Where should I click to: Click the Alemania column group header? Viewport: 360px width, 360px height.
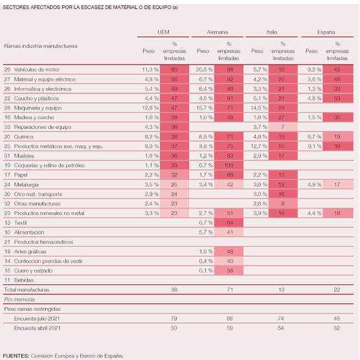click(x=218, y=32)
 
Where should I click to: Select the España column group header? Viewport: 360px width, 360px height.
click(x=326, y=32)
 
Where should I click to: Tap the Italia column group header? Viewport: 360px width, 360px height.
click(x=271, y=32)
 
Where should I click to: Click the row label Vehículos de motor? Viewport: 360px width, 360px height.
click(x=37, y=69)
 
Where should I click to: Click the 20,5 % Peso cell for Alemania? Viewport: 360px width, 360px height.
click(x=205, y=69)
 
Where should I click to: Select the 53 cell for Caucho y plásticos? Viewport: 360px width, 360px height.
click(x=338, y=98)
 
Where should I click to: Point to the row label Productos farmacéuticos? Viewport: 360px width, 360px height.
click(x=43, y=242)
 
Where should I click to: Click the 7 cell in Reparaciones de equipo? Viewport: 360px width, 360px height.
click(x=283, y=127)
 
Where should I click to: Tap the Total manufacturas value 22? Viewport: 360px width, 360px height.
click(x=337, y=289)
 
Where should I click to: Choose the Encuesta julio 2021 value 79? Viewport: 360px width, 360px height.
click(x=174, y=319)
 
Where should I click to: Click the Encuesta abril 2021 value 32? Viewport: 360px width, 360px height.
click(x=337, y=328)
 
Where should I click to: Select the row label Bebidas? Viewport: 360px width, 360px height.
click(x=24, y=280)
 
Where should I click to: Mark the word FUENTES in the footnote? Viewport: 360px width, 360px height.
click(x=16, y=356)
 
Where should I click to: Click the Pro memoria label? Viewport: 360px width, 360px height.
click(x=19, y=299)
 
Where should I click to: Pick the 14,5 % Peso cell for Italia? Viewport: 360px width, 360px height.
click(x=259, y=108)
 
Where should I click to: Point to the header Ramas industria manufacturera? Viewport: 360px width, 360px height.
click(x=41, y=46)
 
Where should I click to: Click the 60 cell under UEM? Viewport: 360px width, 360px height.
click(x=174, y=69)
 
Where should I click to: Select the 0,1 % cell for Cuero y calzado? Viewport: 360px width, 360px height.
click(x=206, y=271)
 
